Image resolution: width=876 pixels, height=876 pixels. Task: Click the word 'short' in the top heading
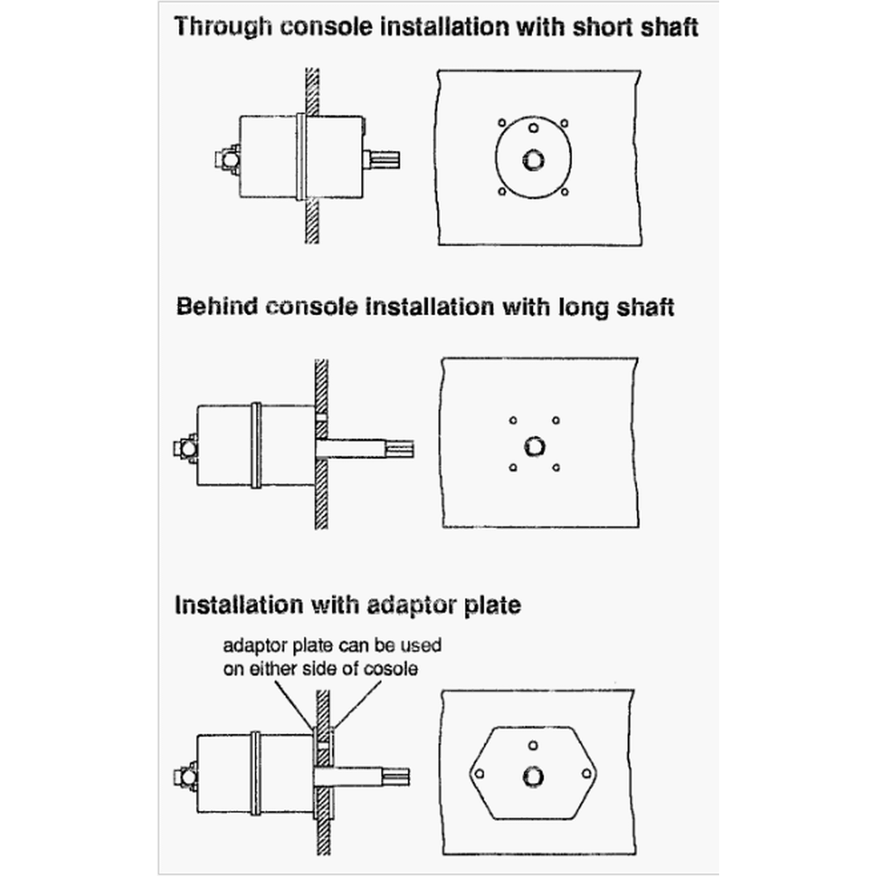tap(597, 27)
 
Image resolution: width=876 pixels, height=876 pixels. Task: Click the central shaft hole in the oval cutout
tap(533, 160)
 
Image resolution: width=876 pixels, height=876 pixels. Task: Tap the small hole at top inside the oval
tap(533, 128)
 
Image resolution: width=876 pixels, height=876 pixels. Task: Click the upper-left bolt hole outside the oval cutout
tap(502, 123)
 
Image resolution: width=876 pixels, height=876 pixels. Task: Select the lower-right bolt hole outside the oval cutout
tap(564, 192)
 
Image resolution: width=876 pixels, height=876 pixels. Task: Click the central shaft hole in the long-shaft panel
tap(534, 446)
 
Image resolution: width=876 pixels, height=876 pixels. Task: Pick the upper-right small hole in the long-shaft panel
tap(556, 420)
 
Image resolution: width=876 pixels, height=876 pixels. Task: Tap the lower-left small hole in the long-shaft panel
tap(513, 467)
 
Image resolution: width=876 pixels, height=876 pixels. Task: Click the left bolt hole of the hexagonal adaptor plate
tap(480, 774)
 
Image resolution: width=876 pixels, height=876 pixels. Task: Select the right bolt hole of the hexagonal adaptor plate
tap(586, 774)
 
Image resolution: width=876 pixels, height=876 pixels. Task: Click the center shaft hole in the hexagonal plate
tap(533, 777)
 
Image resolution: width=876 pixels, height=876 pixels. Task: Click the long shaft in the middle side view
tap(364, 448)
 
